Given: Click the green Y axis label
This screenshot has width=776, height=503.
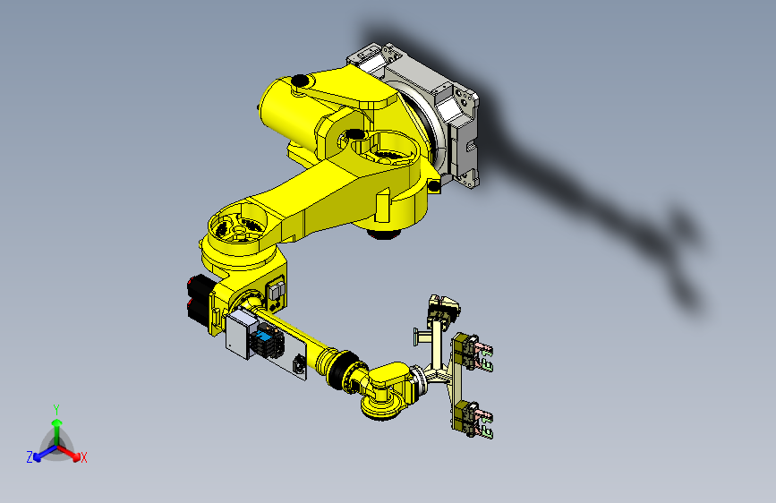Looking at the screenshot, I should click(56, 407).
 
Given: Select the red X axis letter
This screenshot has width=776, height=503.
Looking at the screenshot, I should click(84, 458).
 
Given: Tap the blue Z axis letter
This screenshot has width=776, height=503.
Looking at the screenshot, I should click(30, 456).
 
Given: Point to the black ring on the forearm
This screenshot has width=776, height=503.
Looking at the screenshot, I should click(341, 371).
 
